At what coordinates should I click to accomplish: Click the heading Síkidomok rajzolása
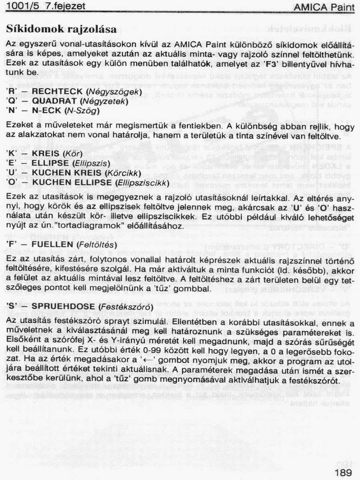pos(62,29)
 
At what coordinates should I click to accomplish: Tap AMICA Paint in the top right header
pos(324,7)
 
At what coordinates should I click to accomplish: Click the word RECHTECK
pos(58,92)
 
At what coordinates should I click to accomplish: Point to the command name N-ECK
pos(46,110)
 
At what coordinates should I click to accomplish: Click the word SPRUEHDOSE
pos(61,306)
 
